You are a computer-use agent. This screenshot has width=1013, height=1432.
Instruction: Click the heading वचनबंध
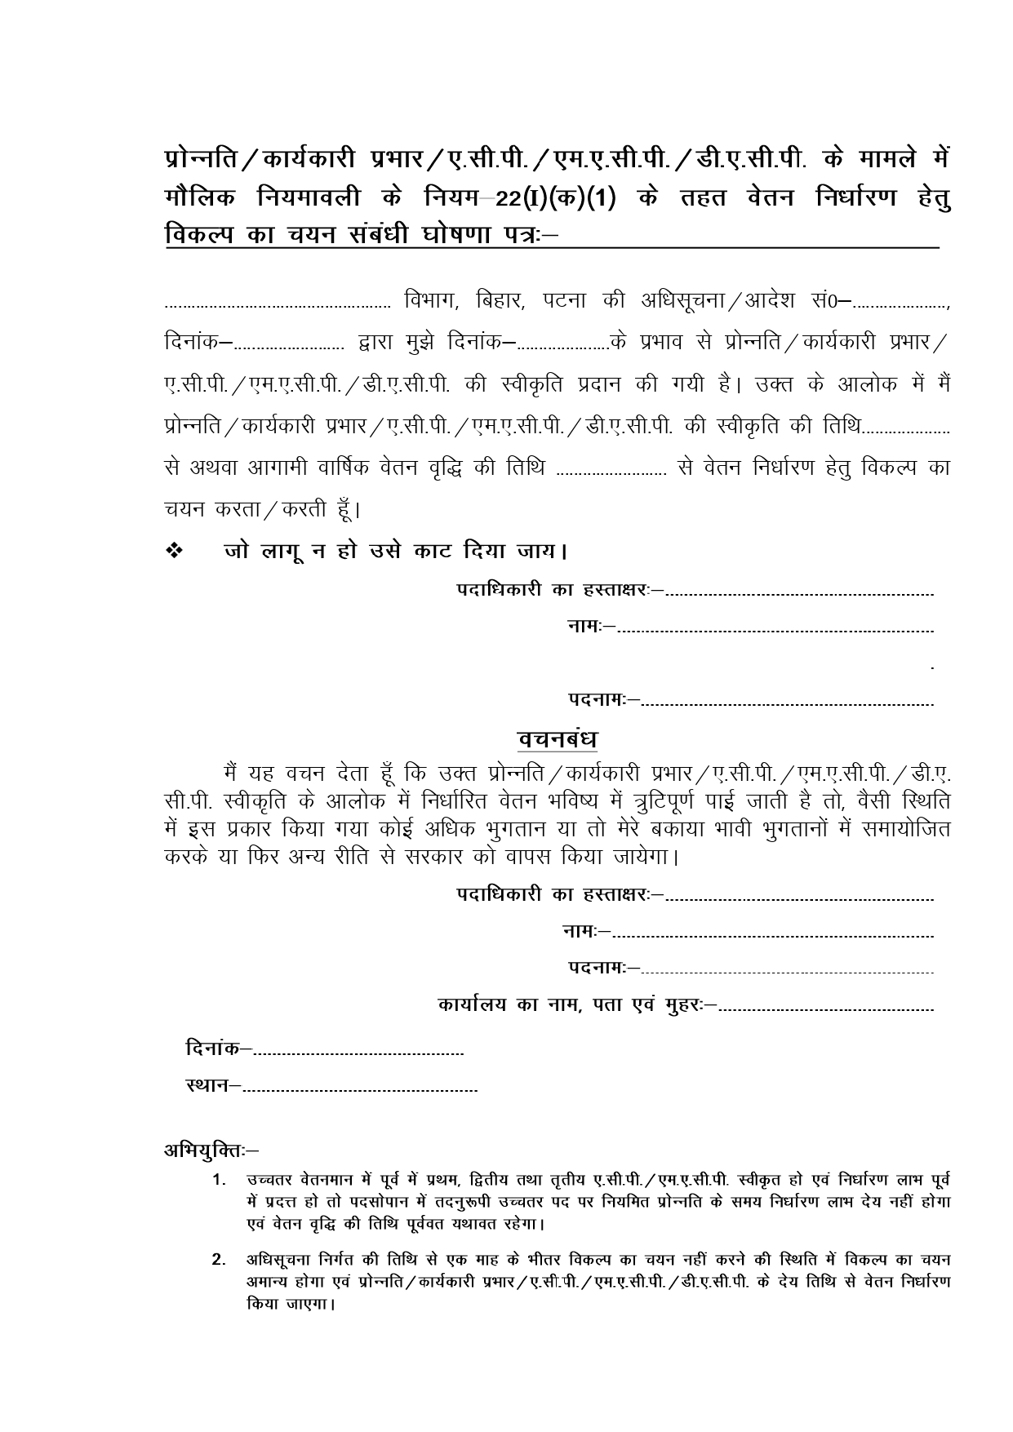[558, 739]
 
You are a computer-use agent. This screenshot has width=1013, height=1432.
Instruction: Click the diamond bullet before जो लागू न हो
[175, 552]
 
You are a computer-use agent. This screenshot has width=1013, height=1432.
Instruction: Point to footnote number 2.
[219, 1260]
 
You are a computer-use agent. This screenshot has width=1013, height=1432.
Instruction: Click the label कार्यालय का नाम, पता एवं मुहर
[576, 1005]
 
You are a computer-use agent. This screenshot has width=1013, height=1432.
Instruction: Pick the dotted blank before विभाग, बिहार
[278, 307]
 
